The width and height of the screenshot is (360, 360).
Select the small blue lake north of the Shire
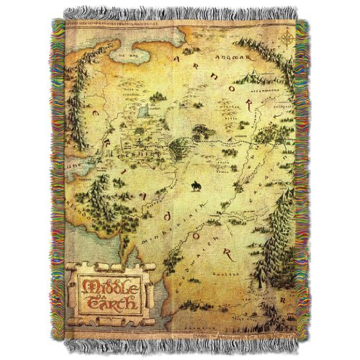coord(142,109)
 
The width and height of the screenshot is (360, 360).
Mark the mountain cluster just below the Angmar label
coord(229,68)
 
